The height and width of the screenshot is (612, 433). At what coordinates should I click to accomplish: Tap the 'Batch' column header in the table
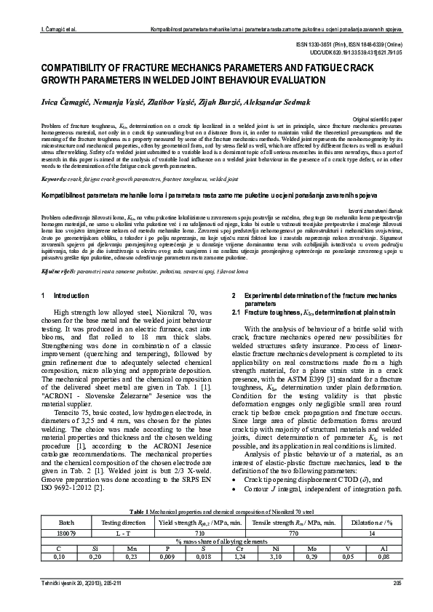point(66,502)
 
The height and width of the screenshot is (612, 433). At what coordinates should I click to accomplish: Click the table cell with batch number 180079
point(66,512)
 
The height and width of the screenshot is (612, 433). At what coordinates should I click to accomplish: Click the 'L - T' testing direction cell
point(122,512)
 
